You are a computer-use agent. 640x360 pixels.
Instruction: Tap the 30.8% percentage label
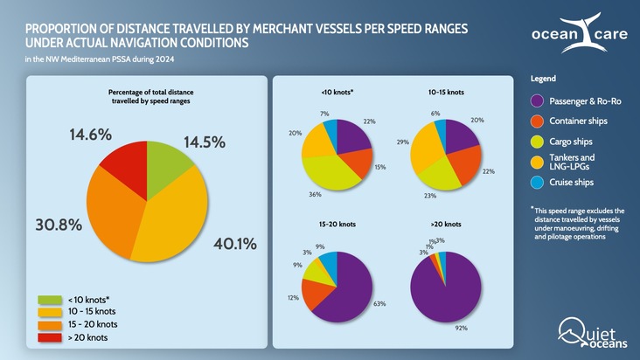click(58, 225)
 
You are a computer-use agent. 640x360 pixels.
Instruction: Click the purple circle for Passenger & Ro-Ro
click(539, 101)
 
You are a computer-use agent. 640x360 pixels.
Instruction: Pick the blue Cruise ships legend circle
click(539, 182)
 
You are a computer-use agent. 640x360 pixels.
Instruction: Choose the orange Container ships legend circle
click(539, 121)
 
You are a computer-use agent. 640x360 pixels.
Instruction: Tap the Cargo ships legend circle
click(539, 142)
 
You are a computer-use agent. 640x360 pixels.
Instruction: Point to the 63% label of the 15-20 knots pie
click(379, 304)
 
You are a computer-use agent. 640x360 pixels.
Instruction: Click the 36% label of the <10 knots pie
click(315, 194)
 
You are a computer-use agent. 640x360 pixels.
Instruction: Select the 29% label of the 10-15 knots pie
click(402, 142)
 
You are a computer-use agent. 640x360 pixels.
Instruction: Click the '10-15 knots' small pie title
click(446, 91)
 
